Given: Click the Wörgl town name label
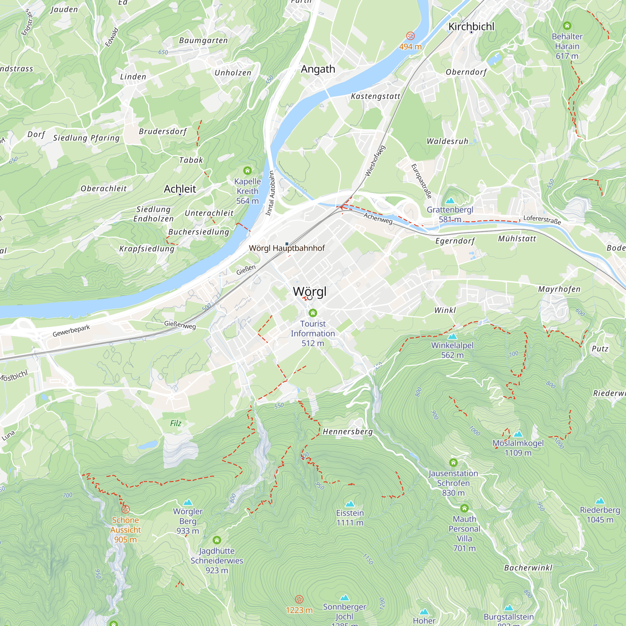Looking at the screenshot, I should tap(310, 291).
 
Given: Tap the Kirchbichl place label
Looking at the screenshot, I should tap(471, 27).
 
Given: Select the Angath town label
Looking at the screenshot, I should tap(318, 69).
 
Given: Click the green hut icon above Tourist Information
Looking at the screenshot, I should tap(313, 313).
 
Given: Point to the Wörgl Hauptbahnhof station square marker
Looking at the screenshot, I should tap(287, 244).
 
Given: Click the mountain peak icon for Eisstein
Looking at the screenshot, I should tap(350, 504).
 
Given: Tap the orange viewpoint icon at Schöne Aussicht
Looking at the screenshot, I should tap(126, 509).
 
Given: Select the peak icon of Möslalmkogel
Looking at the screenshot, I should tap(518, 434).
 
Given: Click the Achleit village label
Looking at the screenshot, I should tap(180, 189).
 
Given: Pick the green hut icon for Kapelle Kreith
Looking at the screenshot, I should tap(248, 171).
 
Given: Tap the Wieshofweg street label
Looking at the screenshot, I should tap(375, 161).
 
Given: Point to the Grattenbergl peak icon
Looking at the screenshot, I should tap(450, 201).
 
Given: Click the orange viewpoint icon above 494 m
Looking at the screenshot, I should tap(410, 36).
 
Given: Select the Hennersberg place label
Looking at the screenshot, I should tap(348, 432).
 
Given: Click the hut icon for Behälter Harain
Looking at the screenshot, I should tap(567, 26).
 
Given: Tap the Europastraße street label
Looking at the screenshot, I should tap(421, 181).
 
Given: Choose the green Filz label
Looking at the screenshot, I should tap(176, 423).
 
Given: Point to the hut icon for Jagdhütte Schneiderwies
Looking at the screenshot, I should tap(217, 540).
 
